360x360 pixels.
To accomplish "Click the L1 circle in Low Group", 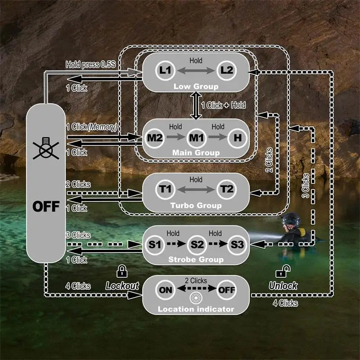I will pyautogui.click(x=166, y=70).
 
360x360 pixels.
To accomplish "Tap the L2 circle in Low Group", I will pyautogui.click(x=226, y=70).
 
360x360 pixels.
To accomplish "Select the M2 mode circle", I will pyautogui.click(x=155, y=137).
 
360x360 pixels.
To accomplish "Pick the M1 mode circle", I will pyautogui.click(x=196, y=137).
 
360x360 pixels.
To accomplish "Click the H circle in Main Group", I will pyautogui.click(x=237, y=137).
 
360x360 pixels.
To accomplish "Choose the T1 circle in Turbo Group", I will pyautogui.click(x=166, y=189).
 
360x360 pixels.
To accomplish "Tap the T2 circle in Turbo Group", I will pyautogui.click(x=226, y=189).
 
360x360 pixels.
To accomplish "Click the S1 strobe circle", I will pyautogui.click(x=155, y=245).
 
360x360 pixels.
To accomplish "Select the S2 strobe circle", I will pyautogui.click(x=196, y=245).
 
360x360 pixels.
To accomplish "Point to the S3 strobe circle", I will pyautogui.click(x=237, y=245).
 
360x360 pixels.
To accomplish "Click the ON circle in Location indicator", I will pyautogui.click(x=166, y=289).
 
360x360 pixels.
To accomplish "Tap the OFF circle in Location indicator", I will pyautogui.click(x=226, y=289).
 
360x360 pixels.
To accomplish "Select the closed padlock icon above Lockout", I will pyautogui.click(x=121, y=271).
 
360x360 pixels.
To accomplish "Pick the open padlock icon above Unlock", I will pyautogui.click(x=283, y=271).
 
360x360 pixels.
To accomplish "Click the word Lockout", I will pyautogui.click(x=122, y=286).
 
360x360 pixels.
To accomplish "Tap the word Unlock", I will pyautogui.click(x=283, y=286).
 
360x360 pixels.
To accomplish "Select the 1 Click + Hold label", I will pyautogui.click(x=224, y=105).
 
